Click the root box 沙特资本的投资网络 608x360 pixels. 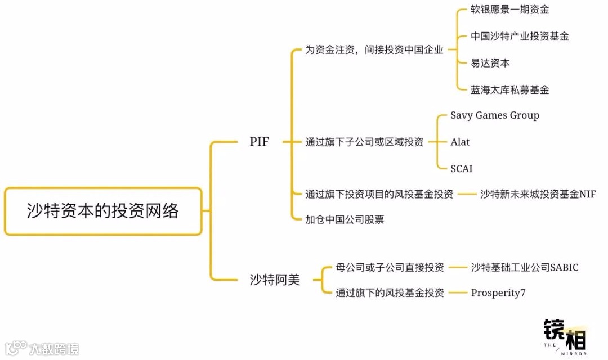tap(102, 211)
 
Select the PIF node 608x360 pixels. tap(259, 142)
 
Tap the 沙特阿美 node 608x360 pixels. tap(275, 280)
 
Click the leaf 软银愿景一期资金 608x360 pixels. tap(509, 10)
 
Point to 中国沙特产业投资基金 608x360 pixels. tap(520, 36)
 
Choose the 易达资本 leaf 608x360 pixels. tap(490, 63)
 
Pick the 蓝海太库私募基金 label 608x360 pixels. tap(509, 89)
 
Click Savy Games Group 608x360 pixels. tap(495, 115)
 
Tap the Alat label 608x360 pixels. tap(460, 142)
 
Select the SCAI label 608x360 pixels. tap(461, 168)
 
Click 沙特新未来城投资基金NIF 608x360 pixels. tap(538, 194)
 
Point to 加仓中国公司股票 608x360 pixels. tap(345, 219)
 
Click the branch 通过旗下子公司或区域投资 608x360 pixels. tap(364, 142)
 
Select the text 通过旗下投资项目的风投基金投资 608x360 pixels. tap(379, 194)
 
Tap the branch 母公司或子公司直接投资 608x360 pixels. tap(390, 267)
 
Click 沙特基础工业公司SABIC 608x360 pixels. tap(524, 267)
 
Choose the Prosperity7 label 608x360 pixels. tap(498, 292)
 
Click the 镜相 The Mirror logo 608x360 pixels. tap(565, 337)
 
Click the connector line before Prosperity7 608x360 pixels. tap(457, 292)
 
